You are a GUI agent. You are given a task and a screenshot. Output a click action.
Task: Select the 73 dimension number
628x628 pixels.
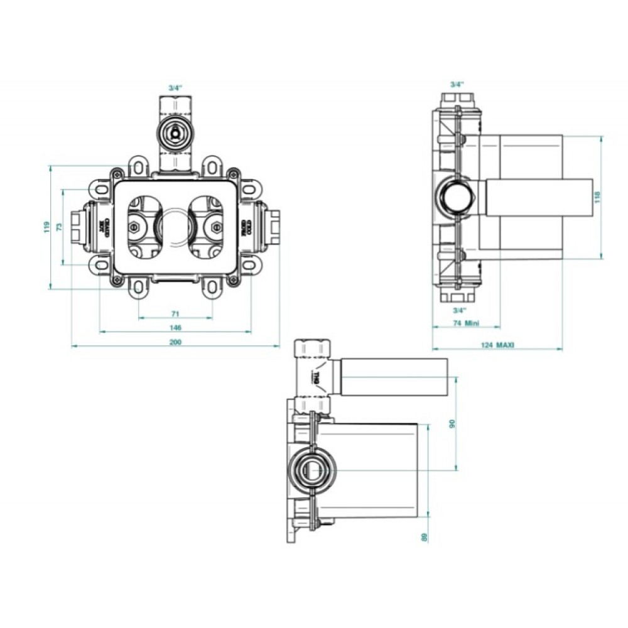60,227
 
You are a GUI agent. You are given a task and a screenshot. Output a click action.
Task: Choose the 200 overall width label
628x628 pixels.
176,342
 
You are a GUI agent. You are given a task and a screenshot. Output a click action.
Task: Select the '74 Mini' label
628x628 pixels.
466,323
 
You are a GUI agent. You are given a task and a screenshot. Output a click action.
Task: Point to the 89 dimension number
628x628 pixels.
425,536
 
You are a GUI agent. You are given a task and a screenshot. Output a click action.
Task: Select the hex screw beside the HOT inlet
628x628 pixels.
134,226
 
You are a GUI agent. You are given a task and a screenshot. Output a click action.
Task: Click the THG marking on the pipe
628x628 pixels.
317,377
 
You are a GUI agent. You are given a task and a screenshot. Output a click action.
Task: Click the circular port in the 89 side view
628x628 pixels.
311,468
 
